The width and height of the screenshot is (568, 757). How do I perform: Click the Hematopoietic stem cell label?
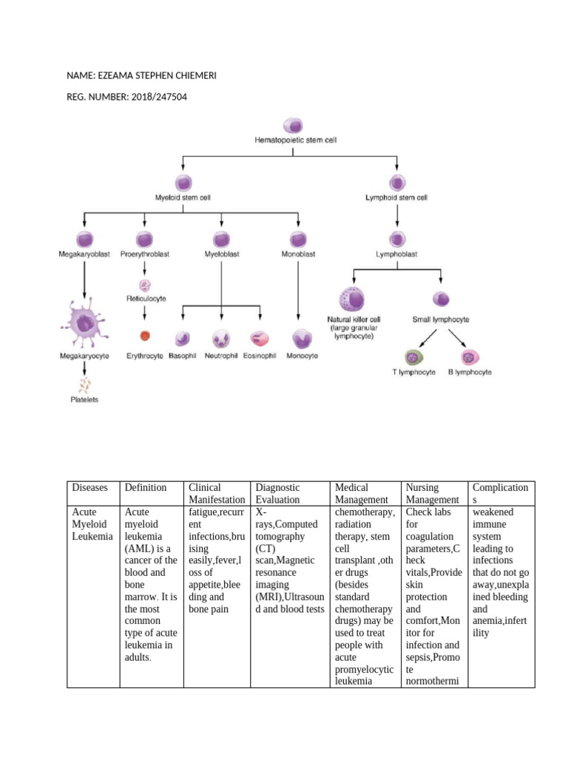click(295, 139)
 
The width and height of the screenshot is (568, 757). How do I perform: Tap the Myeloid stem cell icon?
click(183, 183)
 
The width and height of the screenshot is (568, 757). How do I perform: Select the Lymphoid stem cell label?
click(396, 198)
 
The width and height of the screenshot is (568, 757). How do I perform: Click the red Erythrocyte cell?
click(145, 336)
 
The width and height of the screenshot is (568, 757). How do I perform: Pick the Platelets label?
click(84, 400)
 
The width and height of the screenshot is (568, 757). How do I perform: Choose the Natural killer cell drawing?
click(354, 300)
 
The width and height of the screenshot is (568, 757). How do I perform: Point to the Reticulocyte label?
click(146, 299)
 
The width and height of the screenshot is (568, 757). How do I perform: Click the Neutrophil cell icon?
click(222, 338)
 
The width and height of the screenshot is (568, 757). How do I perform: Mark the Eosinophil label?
click(260, 356)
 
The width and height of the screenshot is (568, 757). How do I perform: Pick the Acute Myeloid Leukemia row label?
click(92, 524)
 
